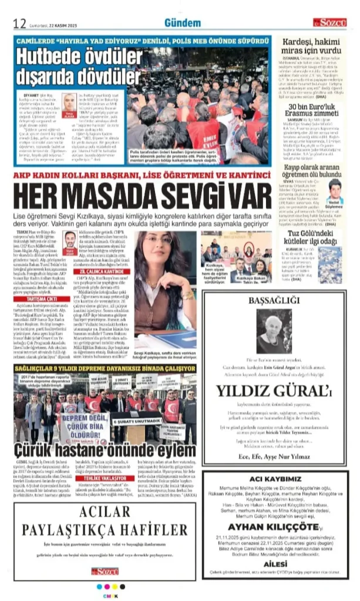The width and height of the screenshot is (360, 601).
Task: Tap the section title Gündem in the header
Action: (179, 22)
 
